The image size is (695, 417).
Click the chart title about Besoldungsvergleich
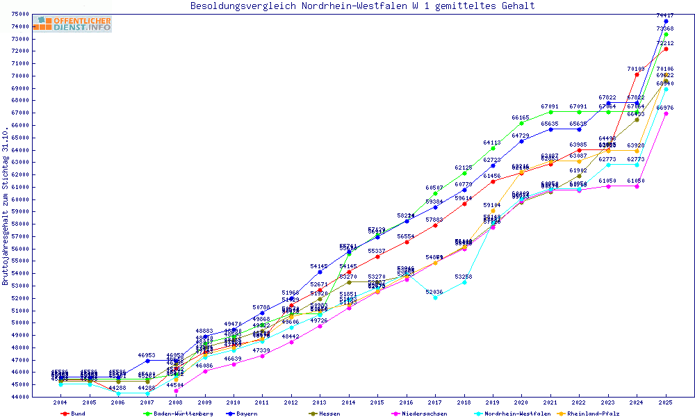[x=363, y=6]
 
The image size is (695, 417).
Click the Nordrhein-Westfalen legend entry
[x=517, y=414]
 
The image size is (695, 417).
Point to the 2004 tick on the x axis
[x=60, y=402]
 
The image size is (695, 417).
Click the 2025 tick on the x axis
[x=666, y=402]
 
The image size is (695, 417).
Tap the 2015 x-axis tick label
[x=377, y=402]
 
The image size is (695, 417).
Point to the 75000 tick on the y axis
[x=20, y=15]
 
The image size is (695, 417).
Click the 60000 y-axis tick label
[x=20, y=199]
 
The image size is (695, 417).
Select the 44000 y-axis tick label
[x=20, y=396]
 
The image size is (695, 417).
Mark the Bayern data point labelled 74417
[x=666, y=22]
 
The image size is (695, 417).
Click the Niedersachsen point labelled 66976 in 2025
[x=666, y=113]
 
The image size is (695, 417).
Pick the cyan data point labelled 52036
[x=435, y=297]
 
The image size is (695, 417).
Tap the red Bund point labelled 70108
[x=637, y=74]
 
